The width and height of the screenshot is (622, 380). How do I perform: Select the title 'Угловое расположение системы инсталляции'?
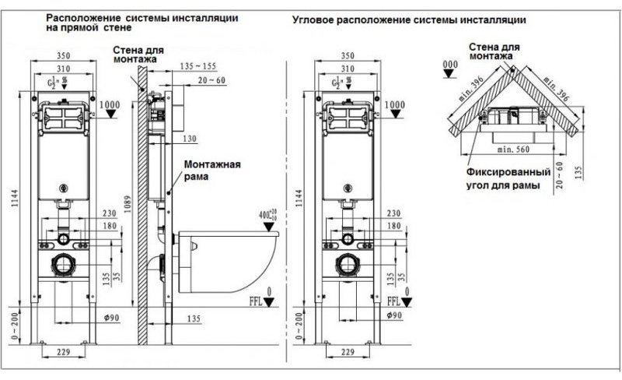(408, 18)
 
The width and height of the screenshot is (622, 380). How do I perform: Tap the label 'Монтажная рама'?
(211, 170)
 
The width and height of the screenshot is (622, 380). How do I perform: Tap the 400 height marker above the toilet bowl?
(269, 213)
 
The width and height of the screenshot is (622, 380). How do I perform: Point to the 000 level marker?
(449, 63)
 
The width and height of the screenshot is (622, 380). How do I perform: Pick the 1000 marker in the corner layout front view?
(396, 104)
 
